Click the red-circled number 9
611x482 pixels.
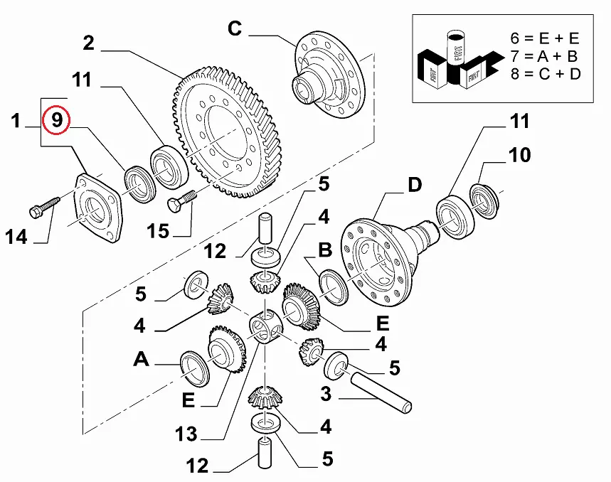pos(56,121)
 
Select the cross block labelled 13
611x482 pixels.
pos(267,329)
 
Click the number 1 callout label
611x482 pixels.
pos(16,122)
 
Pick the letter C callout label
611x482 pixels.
pos(235,29)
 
